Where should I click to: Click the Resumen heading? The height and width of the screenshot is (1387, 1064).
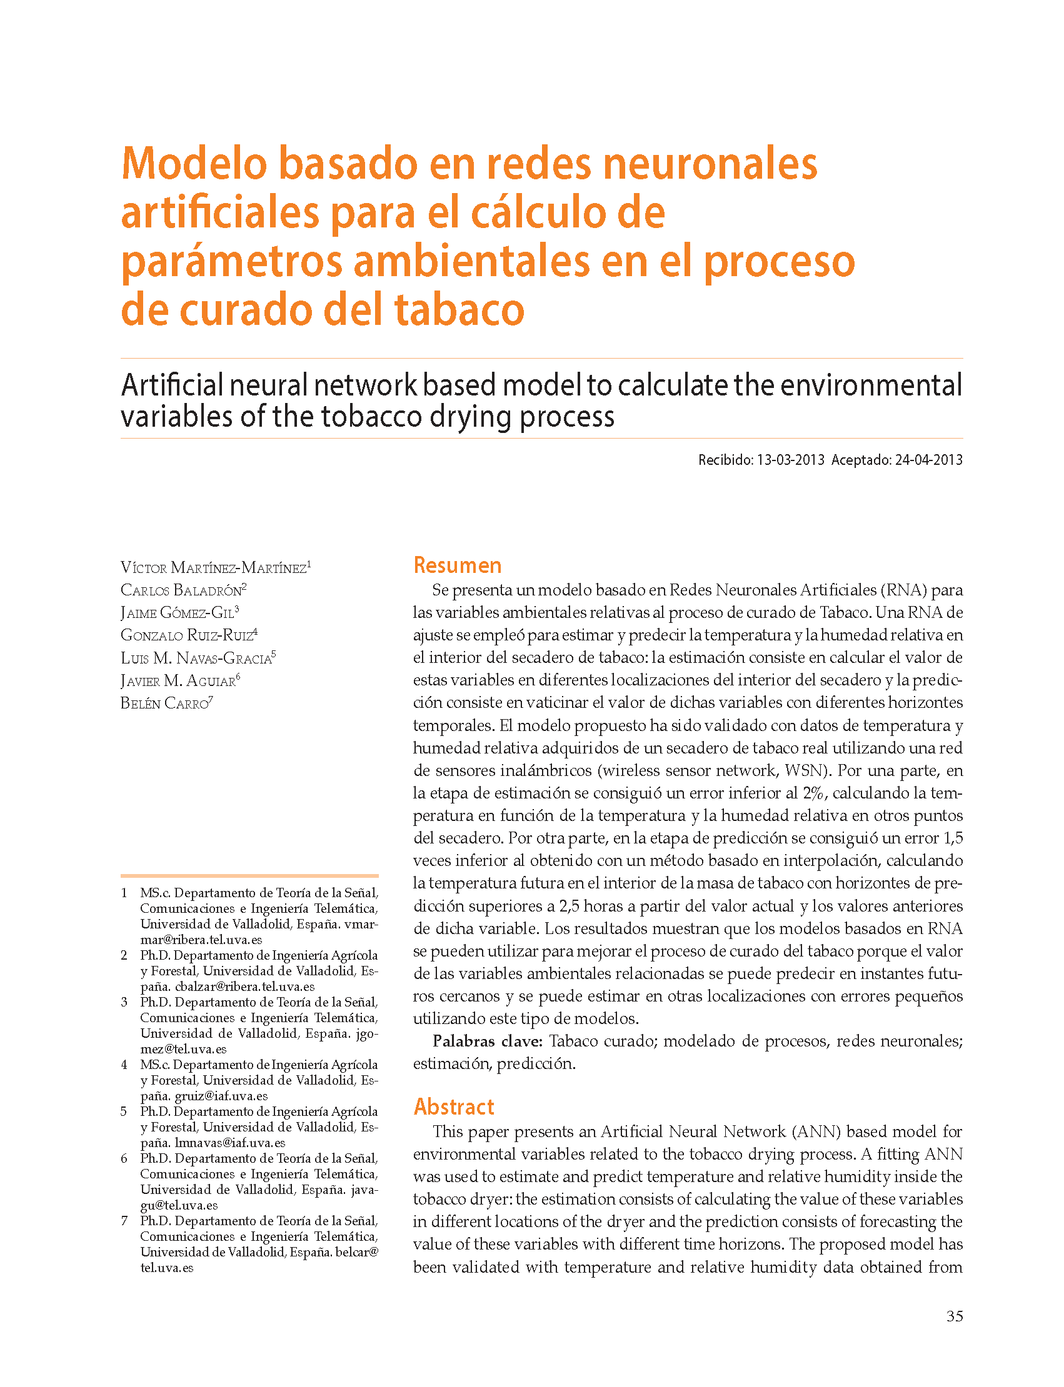[x=457, y=565]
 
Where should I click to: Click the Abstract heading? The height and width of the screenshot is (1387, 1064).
[x=453, y=1106]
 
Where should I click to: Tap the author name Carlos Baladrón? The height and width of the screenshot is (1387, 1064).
[x=183, y=590]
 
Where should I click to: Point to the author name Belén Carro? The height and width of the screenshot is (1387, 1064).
[x=165, y=703]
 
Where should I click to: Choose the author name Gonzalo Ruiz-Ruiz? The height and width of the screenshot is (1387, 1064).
[x=188, y=635]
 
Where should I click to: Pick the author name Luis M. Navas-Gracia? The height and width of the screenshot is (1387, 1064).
[x=197, y=659]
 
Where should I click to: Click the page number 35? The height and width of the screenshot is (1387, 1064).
[x=955, y=1317]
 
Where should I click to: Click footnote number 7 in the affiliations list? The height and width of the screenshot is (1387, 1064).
[x=124, y=1221]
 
